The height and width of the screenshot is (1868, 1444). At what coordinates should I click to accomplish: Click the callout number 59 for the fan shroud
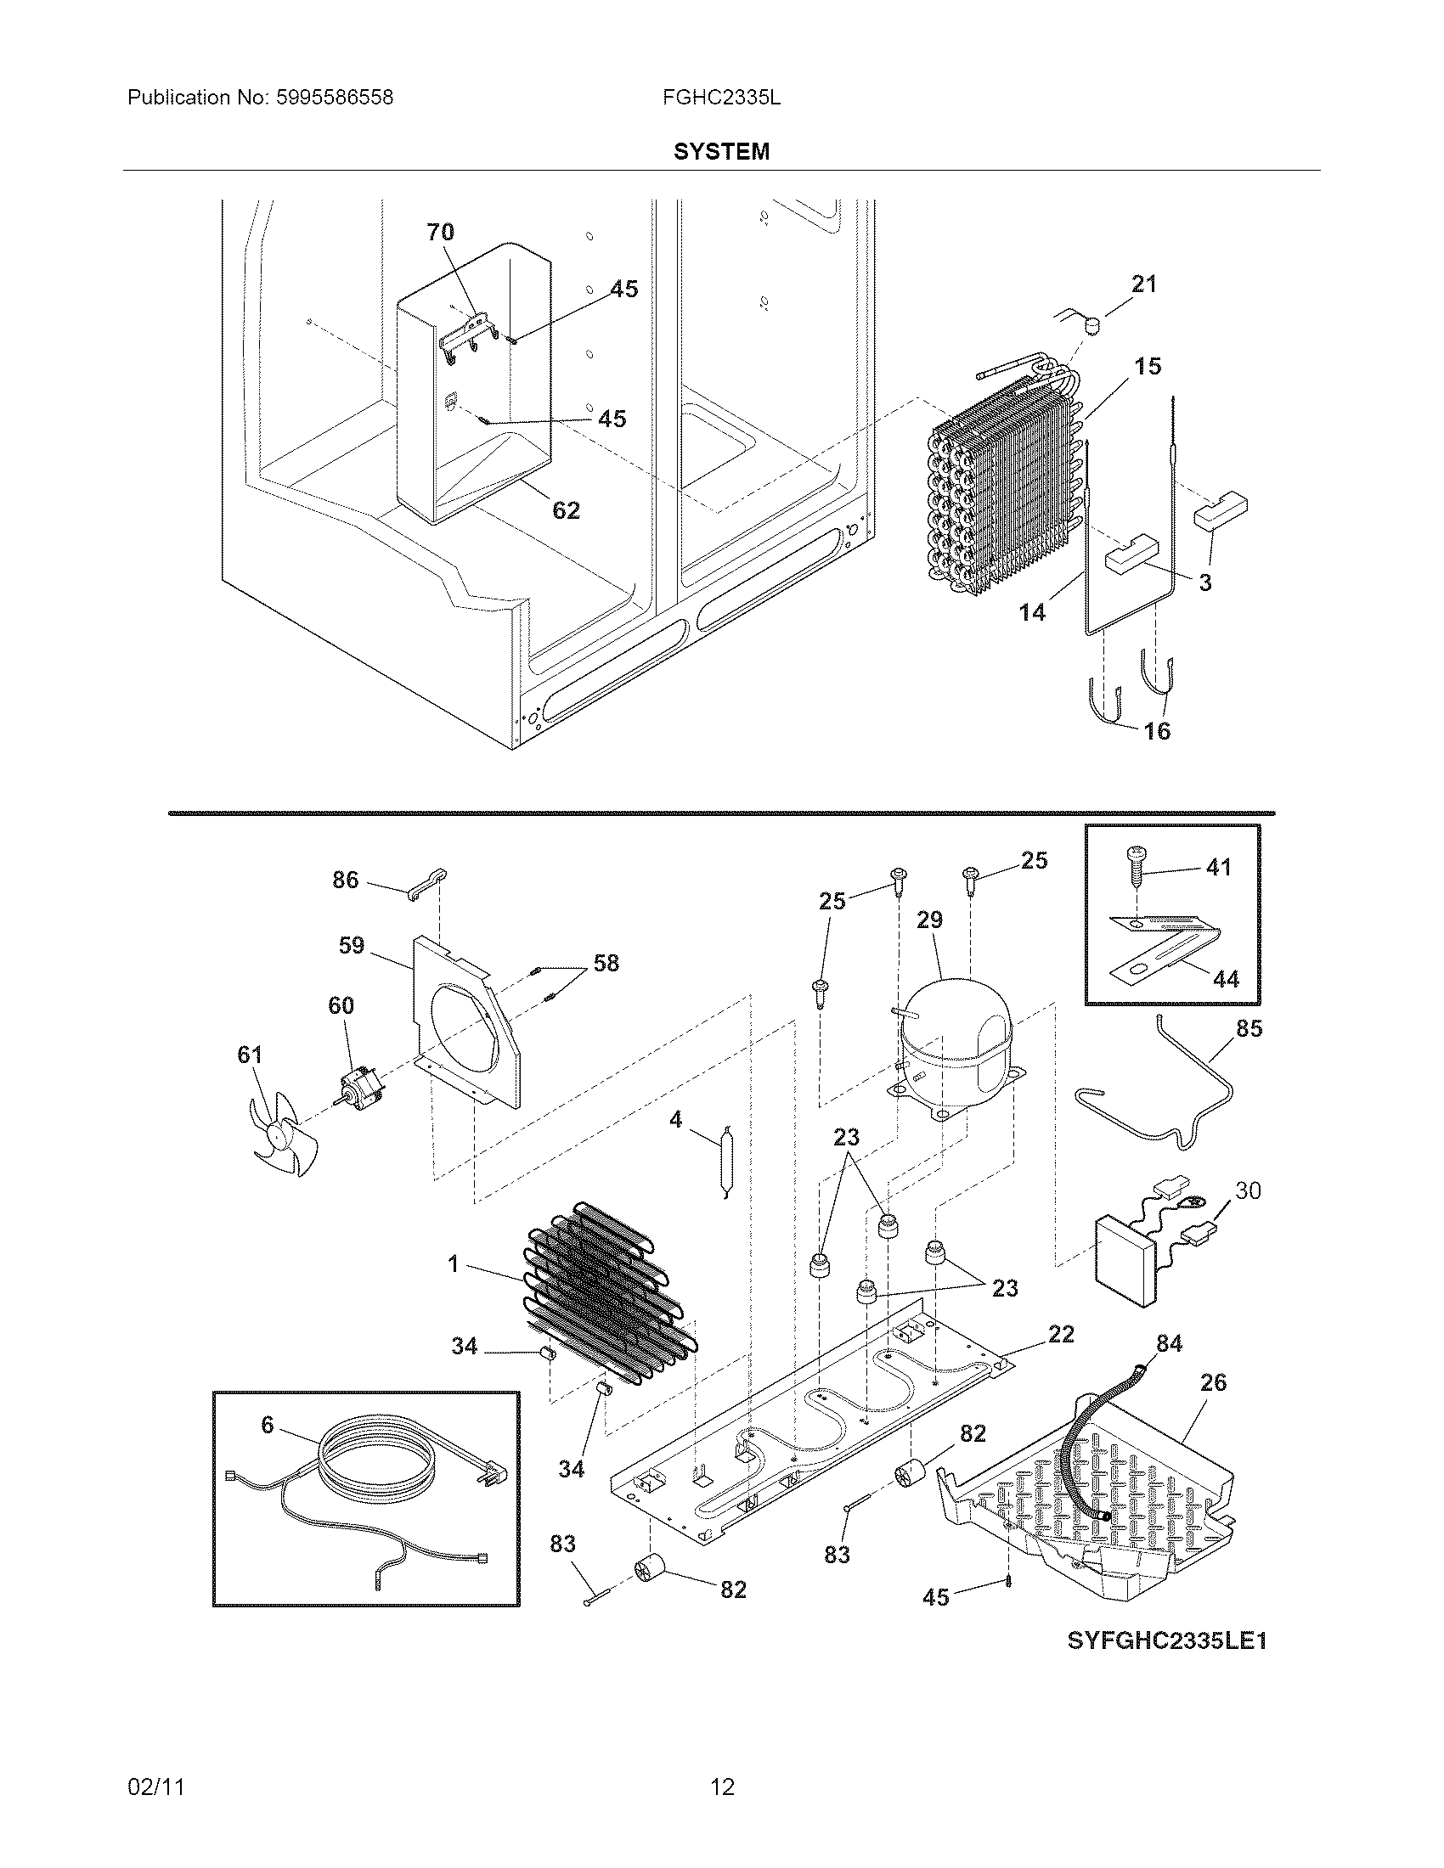[351, 945]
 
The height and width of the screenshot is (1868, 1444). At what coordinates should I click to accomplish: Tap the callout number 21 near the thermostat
[1144, 284]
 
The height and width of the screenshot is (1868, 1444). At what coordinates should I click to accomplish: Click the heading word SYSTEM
[721, 151]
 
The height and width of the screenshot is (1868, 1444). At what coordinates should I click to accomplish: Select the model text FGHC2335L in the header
[721, 98]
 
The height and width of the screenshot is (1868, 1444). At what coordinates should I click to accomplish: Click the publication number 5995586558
[335, 98]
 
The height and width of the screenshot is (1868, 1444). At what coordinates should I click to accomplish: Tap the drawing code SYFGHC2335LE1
[1166, 1640]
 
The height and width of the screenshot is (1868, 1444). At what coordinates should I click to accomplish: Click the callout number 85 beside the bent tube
[1249, 1028]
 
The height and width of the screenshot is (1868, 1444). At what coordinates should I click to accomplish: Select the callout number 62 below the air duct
[566, 510]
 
